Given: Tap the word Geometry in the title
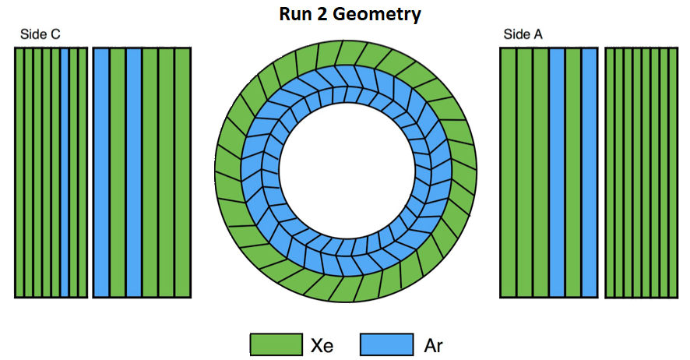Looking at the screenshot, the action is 377,15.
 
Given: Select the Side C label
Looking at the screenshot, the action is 40,34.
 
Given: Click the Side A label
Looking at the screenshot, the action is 523,34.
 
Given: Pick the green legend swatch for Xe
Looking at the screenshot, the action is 276,344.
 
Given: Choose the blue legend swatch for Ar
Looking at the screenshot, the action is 387,344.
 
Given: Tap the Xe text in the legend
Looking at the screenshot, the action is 322,345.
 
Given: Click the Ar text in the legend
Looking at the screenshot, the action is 433,345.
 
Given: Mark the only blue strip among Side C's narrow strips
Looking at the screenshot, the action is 65,172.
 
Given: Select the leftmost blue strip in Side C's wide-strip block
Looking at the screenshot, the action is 101,172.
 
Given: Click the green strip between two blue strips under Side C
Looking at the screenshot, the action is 118,172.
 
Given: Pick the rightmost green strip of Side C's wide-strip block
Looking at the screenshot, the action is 183,172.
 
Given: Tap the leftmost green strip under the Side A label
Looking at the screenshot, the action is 508,172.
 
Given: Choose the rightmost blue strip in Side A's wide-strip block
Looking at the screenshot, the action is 590,172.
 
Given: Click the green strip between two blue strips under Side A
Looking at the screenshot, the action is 573,172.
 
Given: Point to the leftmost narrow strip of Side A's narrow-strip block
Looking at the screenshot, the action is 610,172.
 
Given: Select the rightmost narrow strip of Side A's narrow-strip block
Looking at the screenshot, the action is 674,172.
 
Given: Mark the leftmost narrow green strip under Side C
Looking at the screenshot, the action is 19,172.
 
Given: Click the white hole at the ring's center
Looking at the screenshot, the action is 347,171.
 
